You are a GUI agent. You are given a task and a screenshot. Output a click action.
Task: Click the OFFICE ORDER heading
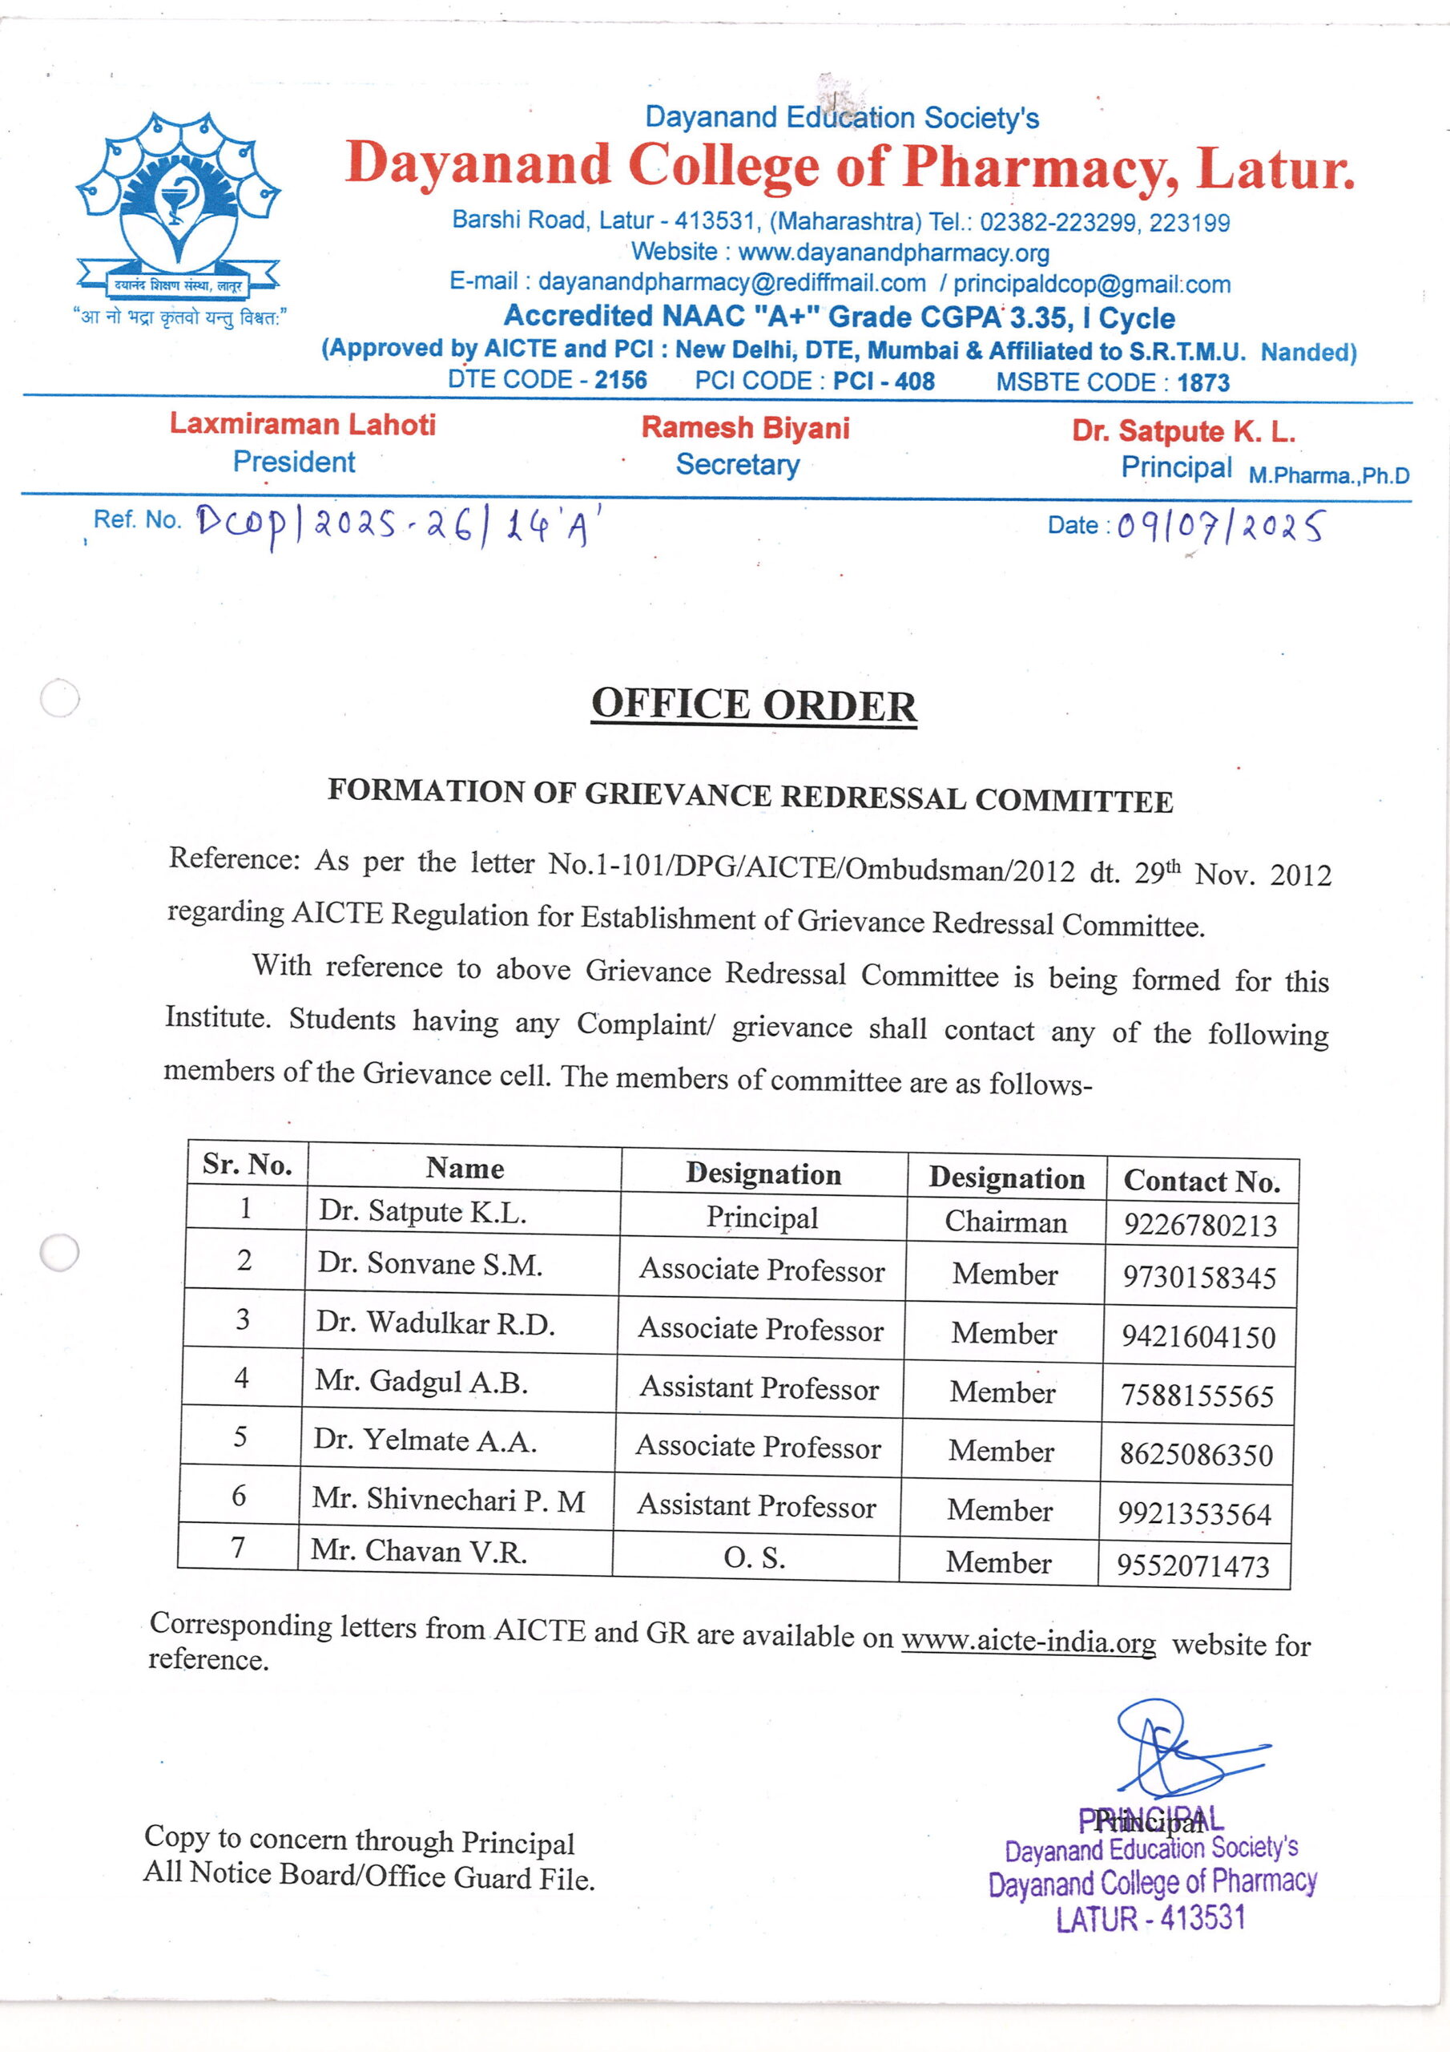[753, 705]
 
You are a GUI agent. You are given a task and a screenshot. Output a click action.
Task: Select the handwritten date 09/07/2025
[1220, 527]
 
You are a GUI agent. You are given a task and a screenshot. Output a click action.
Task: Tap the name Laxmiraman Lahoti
[303, 424]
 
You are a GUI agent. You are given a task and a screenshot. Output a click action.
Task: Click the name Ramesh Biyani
[745, 428]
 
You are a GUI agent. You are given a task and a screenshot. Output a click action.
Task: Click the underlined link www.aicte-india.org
[1029, 1640]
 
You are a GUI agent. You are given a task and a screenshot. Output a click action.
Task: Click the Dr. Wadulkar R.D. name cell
[435, 1323]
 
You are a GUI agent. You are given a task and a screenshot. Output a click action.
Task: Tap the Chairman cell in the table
[1006, 1221]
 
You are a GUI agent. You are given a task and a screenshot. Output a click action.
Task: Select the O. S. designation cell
[755, 1557]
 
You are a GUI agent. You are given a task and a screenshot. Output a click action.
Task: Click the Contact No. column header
[1202, 1181]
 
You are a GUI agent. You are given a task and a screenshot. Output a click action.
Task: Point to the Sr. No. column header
[248, 1164]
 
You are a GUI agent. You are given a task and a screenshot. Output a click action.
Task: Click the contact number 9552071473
[1194, 1565]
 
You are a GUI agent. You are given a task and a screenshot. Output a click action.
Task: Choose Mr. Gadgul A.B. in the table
[421, 1382]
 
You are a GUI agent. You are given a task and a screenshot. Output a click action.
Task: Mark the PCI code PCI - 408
[884, 382]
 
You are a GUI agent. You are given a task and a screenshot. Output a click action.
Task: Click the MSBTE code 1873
[1202, 383]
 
